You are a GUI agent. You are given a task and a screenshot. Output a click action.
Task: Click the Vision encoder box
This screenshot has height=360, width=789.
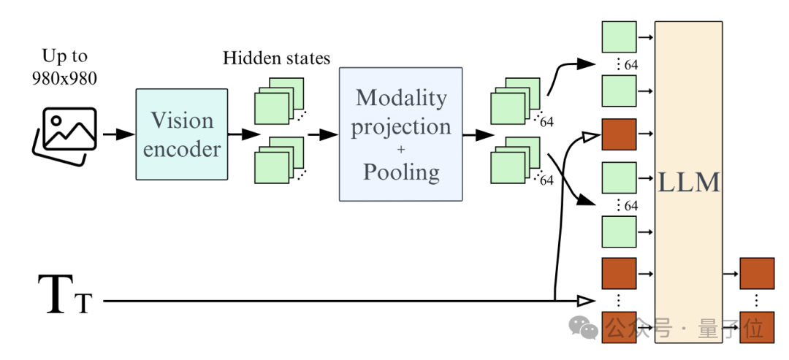point(182,134)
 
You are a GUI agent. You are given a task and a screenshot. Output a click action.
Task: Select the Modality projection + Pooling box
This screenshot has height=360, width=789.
point(400,134)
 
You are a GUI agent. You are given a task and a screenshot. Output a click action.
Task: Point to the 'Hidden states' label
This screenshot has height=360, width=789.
point(276,58)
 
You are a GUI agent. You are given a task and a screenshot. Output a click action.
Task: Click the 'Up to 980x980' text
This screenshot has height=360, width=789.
point(64,67)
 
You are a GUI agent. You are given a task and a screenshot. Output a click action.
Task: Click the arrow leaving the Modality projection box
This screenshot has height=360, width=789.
point(476,134)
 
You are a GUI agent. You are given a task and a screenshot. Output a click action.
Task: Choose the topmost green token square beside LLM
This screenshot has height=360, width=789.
point(619,36)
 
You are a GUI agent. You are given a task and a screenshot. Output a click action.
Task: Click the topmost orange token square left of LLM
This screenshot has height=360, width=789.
point(619,134)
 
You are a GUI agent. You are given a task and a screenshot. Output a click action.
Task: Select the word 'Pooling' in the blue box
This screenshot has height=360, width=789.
point(400,172)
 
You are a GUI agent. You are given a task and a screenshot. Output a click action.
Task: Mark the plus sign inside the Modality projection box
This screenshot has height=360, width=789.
point(400,150)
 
